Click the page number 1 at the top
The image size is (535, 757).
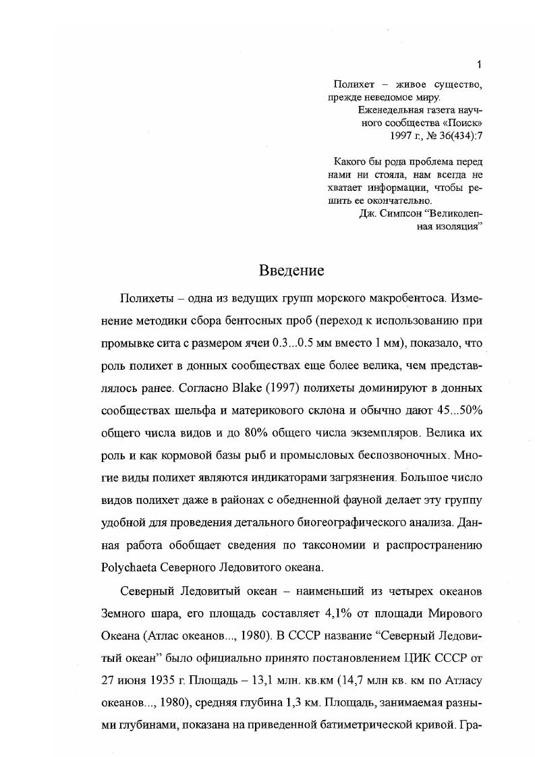point(479,65)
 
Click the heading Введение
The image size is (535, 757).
point(291,271)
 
